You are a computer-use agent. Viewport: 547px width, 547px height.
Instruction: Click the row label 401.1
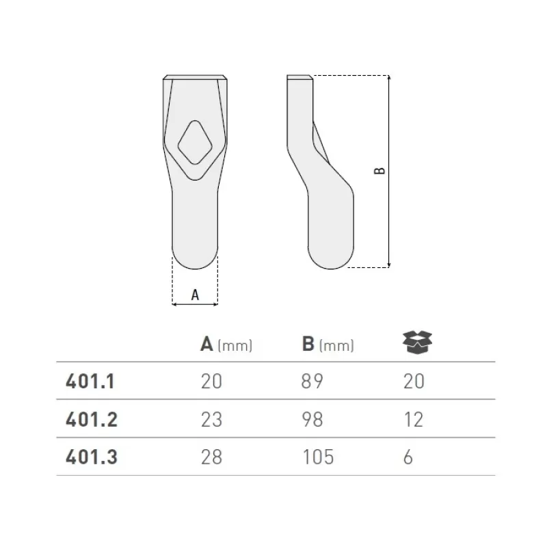(90, 381)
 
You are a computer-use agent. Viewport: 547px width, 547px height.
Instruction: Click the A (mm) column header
(226, 345)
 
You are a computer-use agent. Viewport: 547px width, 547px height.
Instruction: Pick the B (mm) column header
(328, 345)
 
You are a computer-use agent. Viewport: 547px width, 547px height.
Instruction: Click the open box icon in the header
(418, 343)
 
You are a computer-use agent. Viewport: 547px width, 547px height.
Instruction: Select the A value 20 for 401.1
(211, 381)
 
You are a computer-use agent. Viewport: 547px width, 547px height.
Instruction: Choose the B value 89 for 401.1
(313, 381)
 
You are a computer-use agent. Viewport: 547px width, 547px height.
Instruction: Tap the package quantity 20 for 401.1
(414, 381)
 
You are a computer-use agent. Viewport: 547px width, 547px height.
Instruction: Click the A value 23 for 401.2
(211, 419)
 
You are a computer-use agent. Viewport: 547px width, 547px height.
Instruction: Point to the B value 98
(313, 419)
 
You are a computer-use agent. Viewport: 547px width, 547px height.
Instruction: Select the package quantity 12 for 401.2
(413, 419)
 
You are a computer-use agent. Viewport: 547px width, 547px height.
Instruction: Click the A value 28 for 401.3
(211, 457)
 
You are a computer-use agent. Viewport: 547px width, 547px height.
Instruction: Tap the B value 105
(317, 457)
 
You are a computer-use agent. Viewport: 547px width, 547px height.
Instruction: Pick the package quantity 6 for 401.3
(408, 457)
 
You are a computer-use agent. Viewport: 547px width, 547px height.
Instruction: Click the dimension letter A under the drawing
(195, 295)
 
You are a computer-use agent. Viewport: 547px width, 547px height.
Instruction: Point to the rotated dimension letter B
(380, 171)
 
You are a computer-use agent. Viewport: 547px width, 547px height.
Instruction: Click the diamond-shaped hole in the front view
(195, 142)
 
